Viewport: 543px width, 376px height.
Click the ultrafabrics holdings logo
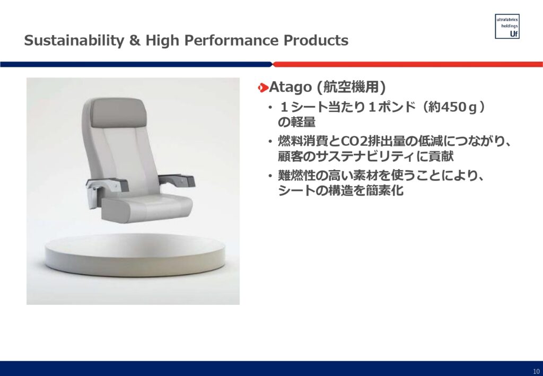[507, 27]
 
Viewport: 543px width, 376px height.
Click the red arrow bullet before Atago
[263, 88]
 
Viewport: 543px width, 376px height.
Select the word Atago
[290, 88]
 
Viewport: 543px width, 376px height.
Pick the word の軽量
[297, 122]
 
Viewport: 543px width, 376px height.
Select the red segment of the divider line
[408, 64]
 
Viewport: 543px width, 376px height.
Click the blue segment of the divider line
[136, 64]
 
